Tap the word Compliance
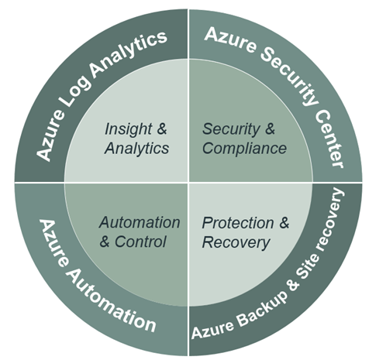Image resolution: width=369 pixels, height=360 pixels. (244, 148)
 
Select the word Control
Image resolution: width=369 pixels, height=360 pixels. (140, 242)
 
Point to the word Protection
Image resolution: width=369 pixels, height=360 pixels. (238, 223)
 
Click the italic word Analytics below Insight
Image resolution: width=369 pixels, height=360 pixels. (136, 149)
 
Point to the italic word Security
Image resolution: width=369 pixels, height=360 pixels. (231, 129)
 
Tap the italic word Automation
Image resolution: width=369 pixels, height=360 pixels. (140, 222)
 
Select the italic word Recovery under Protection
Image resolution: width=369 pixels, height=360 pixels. (236, 242)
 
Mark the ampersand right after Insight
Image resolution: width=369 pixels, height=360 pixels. (162, 129)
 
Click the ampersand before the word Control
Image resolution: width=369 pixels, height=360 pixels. (105, 242)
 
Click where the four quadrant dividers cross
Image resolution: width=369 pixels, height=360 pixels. (188, 183)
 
